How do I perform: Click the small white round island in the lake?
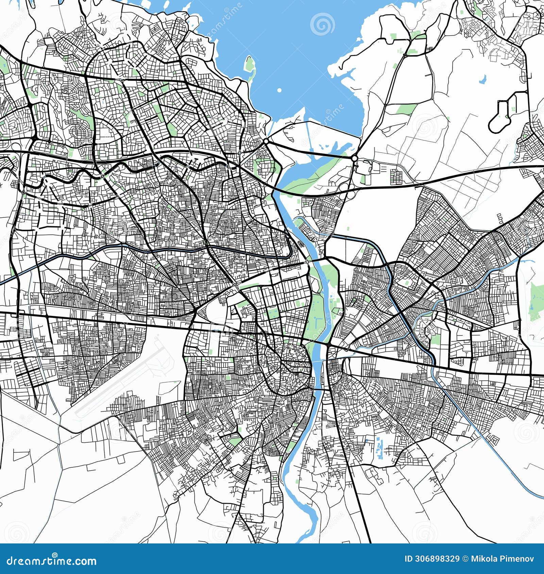click(x=279, y=90)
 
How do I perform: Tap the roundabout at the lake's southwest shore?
click(x=266, y=141)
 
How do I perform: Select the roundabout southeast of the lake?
click(x=354, y=158)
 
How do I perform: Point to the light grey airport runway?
click(x=119, y=377)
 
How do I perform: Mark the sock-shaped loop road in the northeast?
click(x=503, y=112)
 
